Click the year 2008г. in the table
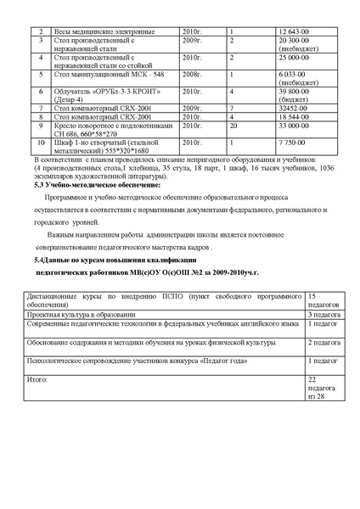[193, 74]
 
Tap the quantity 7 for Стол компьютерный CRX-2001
[233, 109]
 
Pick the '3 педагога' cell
[323, 313]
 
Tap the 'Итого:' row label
[38, 379]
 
